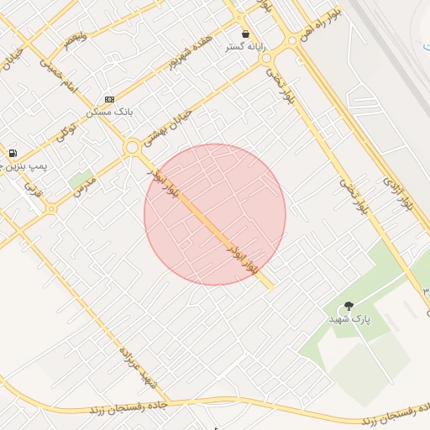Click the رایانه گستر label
[245, 47]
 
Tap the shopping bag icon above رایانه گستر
[245, 34]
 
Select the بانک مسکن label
[109, 111]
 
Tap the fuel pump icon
[13, 153]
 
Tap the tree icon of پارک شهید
[349, 307]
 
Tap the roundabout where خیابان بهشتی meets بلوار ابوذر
[132, 148]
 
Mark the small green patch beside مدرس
[81, 180]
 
